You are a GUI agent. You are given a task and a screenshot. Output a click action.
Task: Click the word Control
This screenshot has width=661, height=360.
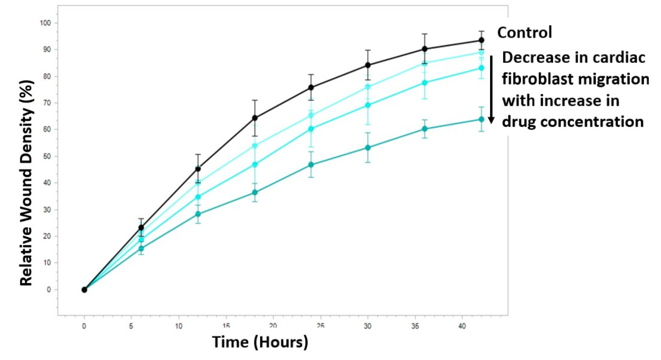(x=524, y=33)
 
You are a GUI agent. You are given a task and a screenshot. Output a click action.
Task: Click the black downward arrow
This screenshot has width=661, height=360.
(x=491, y=89)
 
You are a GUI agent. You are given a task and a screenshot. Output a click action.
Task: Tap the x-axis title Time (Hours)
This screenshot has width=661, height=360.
(x=260, y=342)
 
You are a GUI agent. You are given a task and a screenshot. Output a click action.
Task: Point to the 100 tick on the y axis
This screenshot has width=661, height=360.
(x=46, y=23)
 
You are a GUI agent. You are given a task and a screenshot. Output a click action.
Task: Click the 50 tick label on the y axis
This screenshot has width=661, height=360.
(x=48, y=156)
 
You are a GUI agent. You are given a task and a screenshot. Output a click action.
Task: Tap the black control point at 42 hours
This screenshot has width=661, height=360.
(x=481, y=40)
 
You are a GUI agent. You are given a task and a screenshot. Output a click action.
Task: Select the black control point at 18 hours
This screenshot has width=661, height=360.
(x=255, y=118)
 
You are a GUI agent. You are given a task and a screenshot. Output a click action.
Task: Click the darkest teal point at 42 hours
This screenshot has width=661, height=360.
(x=481, y=119)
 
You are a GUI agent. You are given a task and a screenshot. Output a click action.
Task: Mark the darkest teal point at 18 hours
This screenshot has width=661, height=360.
(x=255, y=192)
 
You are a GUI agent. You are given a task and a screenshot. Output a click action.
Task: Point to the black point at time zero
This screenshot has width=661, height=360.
(x=84, y=290)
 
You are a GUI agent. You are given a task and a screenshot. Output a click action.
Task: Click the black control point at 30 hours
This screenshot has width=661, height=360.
(x=368, y=65)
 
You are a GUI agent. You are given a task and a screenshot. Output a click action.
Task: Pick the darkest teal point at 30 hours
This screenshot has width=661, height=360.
(x=368, y=147)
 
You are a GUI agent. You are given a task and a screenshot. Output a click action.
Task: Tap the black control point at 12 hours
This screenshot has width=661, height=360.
(x=198, y=169)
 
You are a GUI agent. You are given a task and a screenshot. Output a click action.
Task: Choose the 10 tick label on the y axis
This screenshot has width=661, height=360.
(x=48, y=263)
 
